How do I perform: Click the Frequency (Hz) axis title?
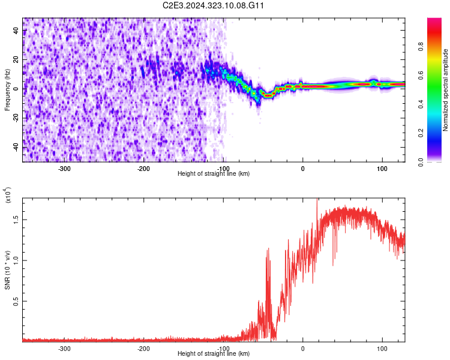7,89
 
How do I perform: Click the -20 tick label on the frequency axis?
16,118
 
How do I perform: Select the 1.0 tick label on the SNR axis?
16,260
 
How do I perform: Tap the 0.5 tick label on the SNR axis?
16,301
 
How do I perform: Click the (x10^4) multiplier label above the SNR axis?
8,196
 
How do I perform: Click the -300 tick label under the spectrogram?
64,168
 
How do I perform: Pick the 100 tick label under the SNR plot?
382,349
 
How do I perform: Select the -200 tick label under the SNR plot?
143,349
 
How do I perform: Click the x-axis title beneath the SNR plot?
214,354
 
